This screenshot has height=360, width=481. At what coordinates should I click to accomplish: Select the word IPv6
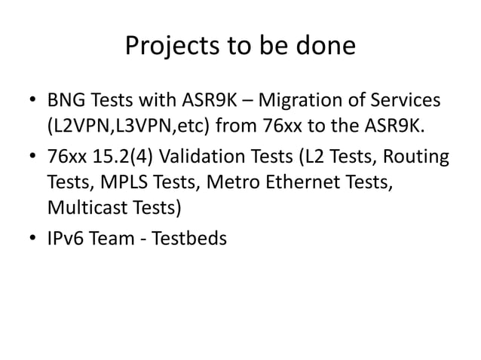coord(67,238)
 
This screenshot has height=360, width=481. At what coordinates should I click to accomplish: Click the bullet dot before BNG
coord(33,101)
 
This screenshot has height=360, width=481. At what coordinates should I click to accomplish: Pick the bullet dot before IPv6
coord(33,239)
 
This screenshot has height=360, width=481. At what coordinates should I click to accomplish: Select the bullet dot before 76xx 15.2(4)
coord(33,158)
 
